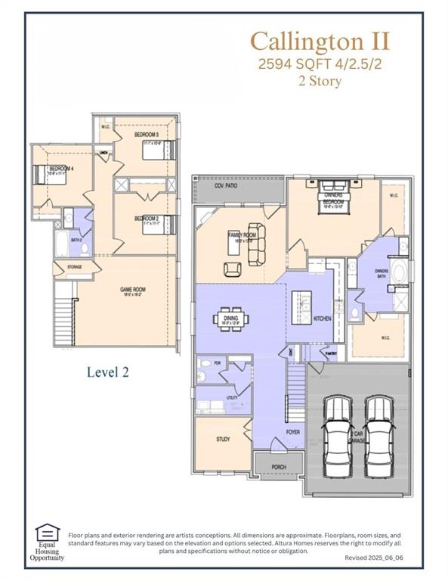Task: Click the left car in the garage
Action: point(335,437)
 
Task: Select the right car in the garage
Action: point(379,437)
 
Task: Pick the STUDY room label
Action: point(222,439)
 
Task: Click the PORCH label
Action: point(278,467)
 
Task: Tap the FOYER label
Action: point(292,432)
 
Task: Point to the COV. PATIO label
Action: point(226,185)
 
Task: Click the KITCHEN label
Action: point(323,318)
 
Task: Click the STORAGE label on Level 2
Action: point(74,266)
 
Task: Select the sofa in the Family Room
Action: point(257,244)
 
